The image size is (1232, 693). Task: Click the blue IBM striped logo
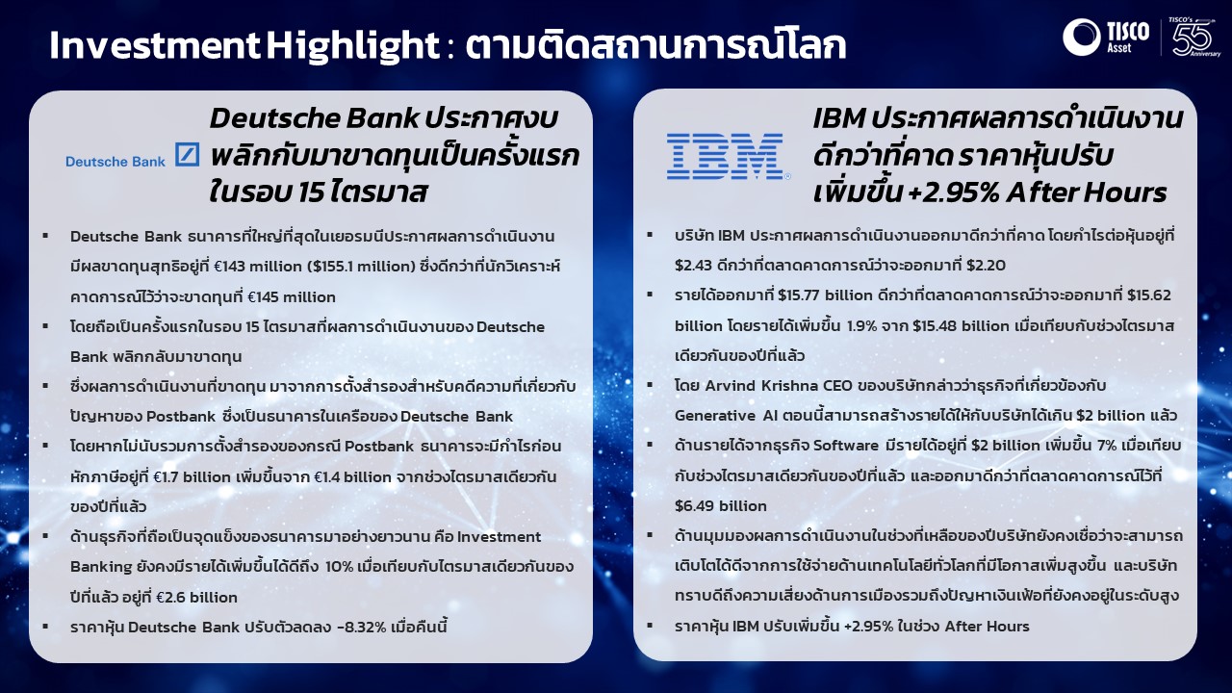pos(729,156)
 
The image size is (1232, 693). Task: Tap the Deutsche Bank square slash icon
pos(187,154)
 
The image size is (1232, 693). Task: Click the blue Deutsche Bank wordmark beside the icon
pos(115,162)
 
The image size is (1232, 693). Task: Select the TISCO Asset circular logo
pos(1081,37)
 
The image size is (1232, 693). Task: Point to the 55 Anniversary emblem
pos(1193,37)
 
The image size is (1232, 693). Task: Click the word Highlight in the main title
pos(353,45)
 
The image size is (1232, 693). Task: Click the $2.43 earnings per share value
pos(694,266)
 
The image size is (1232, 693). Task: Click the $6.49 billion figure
pos(721,506)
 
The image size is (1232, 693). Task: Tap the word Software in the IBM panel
pos(846,446)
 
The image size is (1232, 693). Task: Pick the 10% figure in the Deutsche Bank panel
pos(339,567)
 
